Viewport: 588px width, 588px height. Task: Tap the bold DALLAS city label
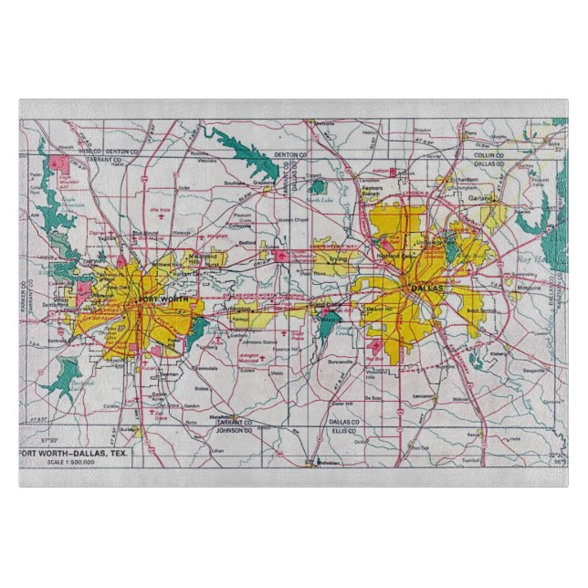point(426,288)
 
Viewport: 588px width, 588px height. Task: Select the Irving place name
point(339,259)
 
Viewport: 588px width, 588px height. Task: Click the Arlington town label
point(236,310)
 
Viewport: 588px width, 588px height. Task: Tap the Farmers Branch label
point(373,191)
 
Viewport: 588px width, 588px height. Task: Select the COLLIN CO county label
point(483,156)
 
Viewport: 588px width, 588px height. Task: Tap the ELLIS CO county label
point(343,431)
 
